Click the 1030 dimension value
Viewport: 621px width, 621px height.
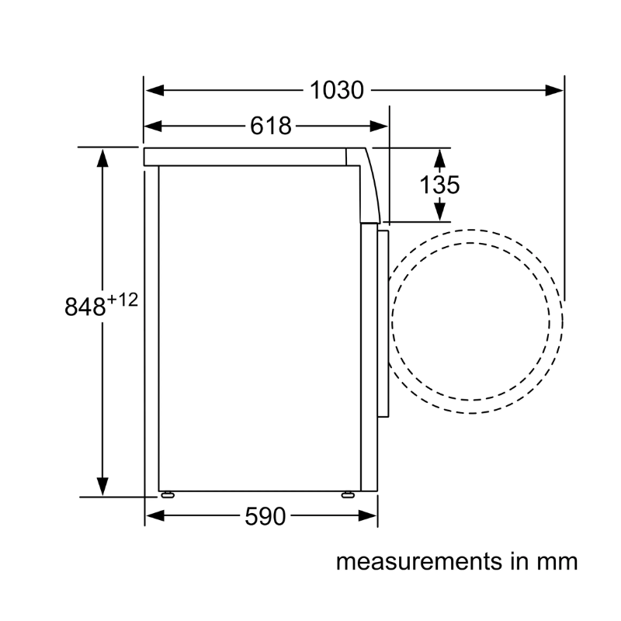tap(337, 90)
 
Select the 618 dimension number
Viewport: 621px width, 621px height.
tap(271, 126)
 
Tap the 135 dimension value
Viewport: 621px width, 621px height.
tap(439, 185)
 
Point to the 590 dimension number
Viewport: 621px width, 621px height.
tap(265, 516)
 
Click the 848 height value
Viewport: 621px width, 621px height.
tap(85, 306)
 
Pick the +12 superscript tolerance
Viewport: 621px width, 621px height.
tap(123, 300)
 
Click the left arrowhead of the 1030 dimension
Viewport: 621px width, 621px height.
tap(154, 90)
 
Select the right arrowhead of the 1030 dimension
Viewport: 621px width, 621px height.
tap(554, 90)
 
